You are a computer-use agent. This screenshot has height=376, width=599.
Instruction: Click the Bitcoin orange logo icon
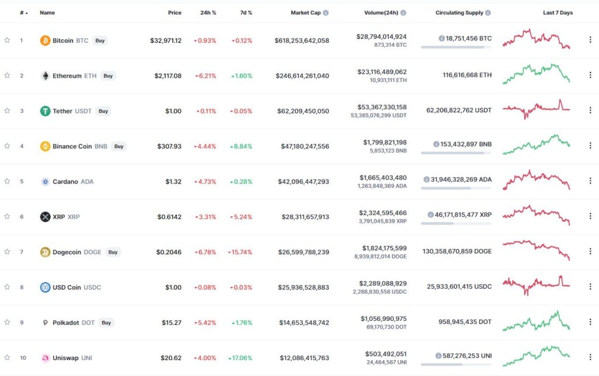(x=45, y=40)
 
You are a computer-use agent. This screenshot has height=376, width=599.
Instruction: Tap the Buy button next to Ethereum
(x=108, y=75)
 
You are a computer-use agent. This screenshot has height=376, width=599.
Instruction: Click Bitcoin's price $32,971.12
(x=166, y=40)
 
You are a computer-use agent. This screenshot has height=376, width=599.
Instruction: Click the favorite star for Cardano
(x=7, y=181)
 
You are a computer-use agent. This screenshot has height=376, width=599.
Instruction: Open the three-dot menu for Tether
(x=590, y=111)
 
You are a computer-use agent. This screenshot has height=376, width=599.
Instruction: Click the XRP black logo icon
(x=45, y=217)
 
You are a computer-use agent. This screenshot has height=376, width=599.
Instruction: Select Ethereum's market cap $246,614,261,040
(x=302, y=76)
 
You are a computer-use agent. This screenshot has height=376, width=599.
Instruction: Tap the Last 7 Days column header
(x=557, y=12)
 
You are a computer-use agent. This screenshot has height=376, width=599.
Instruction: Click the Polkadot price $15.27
(x=171, y=323)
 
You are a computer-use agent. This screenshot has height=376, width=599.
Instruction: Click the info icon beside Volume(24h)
(x=403, y=12)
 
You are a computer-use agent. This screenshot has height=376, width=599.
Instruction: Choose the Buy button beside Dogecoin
(x=113, y=252)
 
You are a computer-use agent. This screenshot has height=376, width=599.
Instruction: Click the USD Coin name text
(x=66, y=287)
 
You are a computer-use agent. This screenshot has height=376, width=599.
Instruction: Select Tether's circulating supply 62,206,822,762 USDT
(x=459, y=111)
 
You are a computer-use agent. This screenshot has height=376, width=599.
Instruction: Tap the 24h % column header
(x=208, y=12)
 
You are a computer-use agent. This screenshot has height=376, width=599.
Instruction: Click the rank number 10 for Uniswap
(x=22, y=358)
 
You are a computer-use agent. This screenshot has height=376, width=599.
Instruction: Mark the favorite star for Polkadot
(x=7, y=322)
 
